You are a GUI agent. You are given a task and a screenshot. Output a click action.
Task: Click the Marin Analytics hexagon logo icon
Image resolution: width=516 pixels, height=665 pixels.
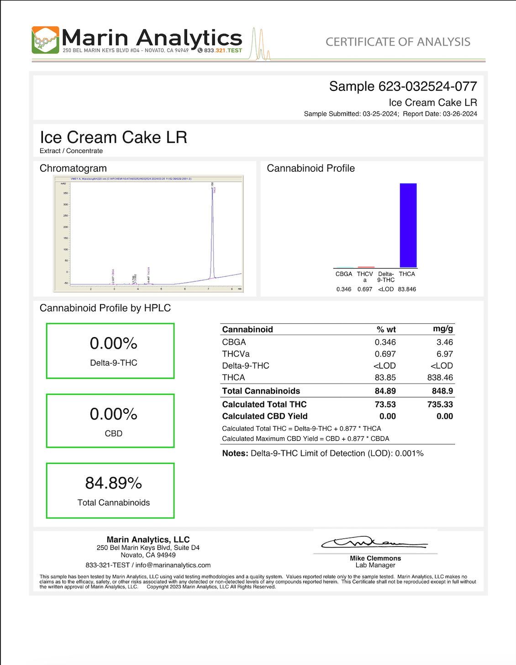tap(45, 40)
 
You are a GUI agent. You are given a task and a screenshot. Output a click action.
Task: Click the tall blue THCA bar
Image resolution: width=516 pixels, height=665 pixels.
tap(408, 225)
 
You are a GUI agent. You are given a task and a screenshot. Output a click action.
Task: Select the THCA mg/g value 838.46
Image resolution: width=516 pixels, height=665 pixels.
tap(440, 378)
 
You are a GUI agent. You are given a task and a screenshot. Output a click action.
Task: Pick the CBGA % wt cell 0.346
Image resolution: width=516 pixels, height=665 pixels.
tap(385, 342)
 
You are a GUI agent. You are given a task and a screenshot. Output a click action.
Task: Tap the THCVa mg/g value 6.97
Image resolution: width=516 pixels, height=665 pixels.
tap(444, 354)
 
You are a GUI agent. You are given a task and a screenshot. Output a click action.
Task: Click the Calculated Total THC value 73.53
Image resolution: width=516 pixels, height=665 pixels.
tap(385, 404)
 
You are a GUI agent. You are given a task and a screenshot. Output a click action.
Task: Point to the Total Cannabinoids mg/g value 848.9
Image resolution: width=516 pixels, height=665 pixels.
tap(442, 391)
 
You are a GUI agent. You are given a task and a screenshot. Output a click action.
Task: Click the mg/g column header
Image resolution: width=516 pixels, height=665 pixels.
tap(442, 329)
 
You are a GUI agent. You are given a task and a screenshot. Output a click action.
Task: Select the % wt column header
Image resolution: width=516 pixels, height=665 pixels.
tap(386, 329)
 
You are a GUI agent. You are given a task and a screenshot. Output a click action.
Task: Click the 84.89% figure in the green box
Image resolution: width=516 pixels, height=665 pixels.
tap(113, 483)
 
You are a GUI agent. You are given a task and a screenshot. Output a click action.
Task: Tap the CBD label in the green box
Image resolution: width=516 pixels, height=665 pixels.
tap(113, 433)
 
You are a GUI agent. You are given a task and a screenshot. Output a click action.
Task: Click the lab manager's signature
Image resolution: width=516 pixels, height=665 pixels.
tap(374, 543)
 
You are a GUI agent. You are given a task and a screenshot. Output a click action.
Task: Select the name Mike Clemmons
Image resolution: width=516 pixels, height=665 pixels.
tap(375, 558)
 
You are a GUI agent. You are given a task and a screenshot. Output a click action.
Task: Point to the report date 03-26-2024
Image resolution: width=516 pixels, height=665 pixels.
tap(459, 114)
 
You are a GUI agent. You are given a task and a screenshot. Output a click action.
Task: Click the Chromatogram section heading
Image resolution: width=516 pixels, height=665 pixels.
tap(73, 168)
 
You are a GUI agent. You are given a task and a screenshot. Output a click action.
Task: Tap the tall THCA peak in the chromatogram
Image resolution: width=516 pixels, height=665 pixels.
tap(212, 228)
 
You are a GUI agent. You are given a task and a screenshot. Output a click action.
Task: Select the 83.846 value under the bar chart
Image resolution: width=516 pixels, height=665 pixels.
tap(406, 289)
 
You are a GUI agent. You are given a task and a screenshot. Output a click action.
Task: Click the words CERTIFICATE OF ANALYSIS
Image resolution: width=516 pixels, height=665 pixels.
tap(398, 42)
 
